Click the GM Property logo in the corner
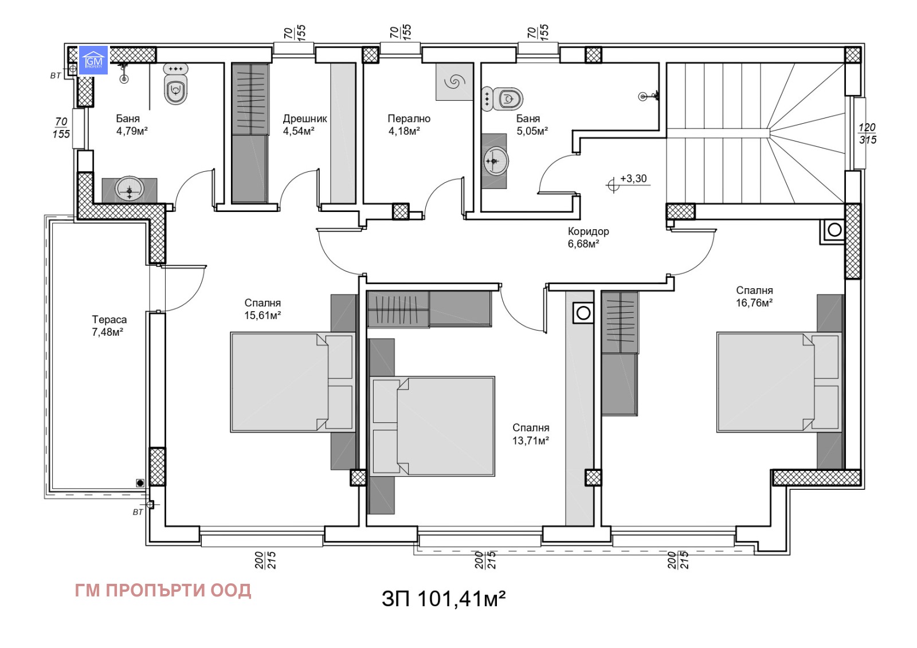(x=93, y=60)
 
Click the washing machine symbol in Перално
(x=454, y=82)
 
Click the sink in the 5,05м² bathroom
(x=495, y=161)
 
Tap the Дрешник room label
(x=304, y=119)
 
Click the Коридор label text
(x=588, y=231)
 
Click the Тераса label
(x=109, y=320)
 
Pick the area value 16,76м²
(x=754, y=303)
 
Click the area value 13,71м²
(x=531, y=441)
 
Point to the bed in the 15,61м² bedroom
(x=292, y=382)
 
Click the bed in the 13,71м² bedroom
(x=433, y=426)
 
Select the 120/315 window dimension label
(x=867, y=133)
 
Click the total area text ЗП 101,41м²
(x=444, y=599)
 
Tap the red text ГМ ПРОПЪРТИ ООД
(x=163, y=590)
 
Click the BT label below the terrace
(x=138, y=512)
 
